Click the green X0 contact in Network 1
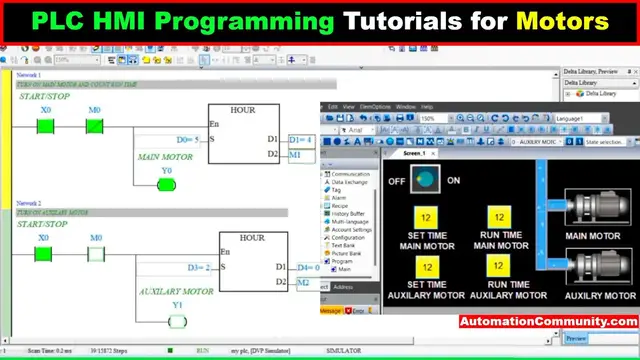coord(44,126)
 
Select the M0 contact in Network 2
coord(95,253)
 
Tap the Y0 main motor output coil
coord(166,184)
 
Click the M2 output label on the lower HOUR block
coord(304,283)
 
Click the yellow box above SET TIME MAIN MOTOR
coord(426,218)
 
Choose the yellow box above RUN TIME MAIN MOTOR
coord(497,218)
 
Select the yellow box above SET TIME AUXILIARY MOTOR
coord(426,266)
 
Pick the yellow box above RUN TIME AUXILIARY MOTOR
coord(497,266)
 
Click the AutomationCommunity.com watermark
coord(549,322)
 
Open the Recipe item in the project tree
coord(339,205)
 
